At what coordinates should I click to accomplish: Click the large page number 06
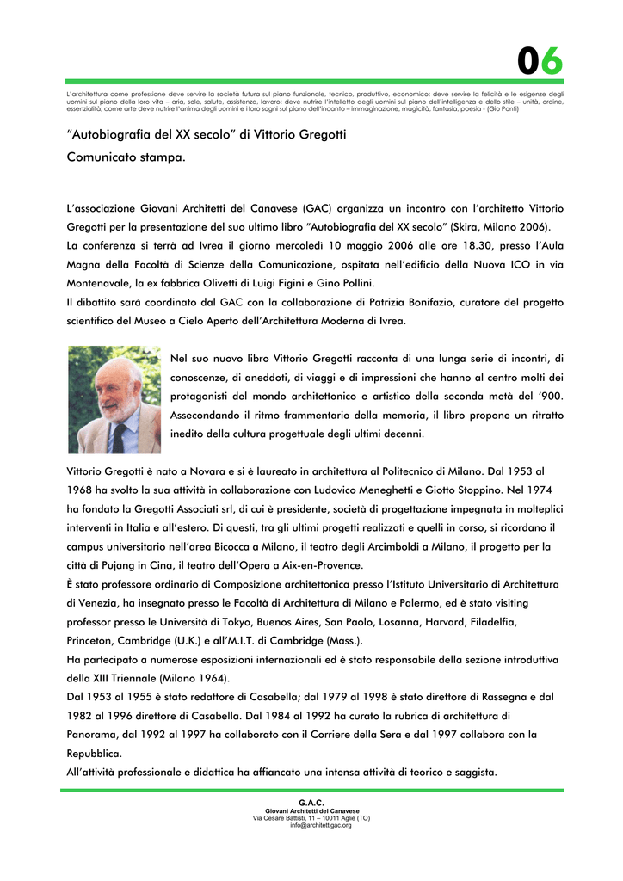click(x=540, y=61)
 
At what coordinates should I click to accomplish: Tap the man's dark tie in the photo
click(x=120, y=436)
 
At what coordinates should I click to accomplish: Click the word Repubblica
click(x=95, y=753)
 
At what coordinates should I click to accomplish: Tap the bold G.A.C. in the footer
click(x=311, y=803)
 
